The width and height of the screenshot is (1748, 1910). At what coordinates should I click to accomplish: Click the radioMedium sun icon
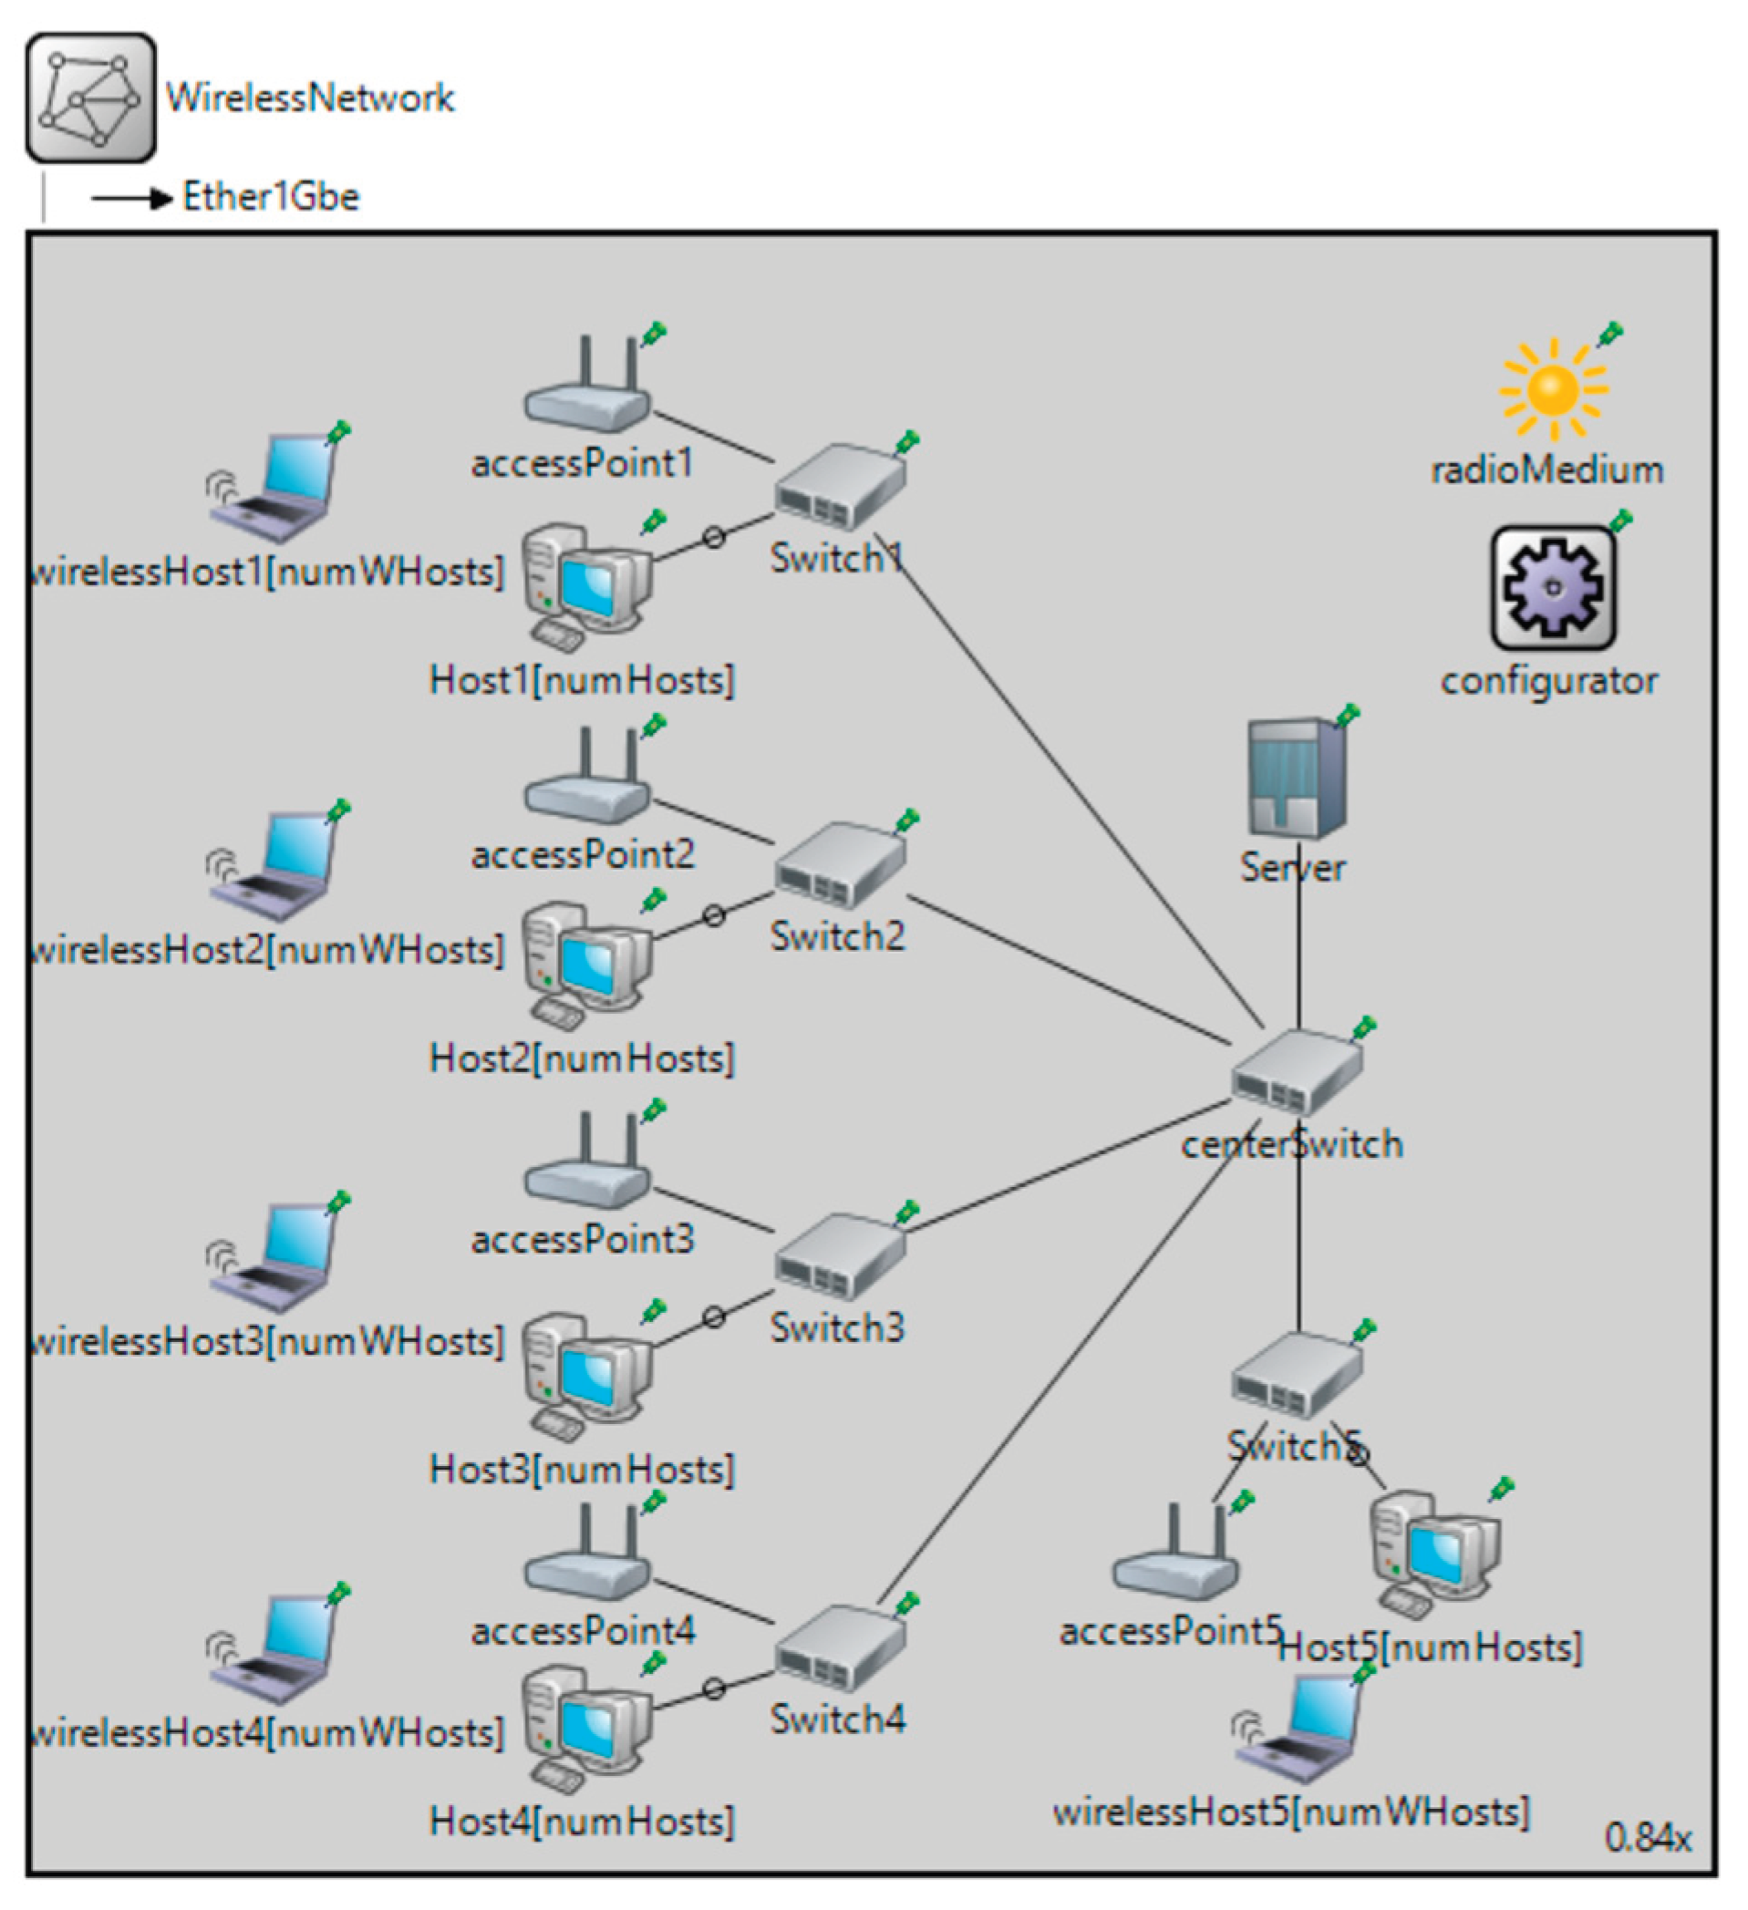[x=1552, y=389]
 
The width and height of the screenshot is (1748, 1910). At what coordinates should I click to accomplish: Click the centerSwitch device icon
[x=1296, y=1072]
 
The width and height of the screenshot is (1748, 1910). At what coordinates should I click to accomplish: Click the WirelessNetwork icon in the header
[x=91, y=98]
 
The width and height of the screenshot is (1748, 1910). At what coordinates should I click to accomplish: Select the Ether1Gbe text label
[x=271, y=197]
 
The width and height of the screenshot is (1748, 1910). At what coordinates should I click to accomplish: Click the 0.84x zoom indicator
[x=1647, y=1838]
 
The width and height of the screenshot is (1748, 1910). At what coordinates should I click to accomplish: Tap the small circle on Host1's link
[x=714, y=538]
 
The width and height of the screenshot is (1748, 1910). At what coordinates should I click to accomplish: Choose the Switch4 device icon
[x=840, y=1648]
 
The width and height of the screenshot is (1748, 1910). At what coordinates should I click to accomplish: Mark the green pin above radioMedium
[x=1609, y=334]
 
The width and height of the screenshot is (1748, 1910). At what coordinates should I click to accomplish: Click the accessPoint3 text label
[x=583, y=1239]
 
